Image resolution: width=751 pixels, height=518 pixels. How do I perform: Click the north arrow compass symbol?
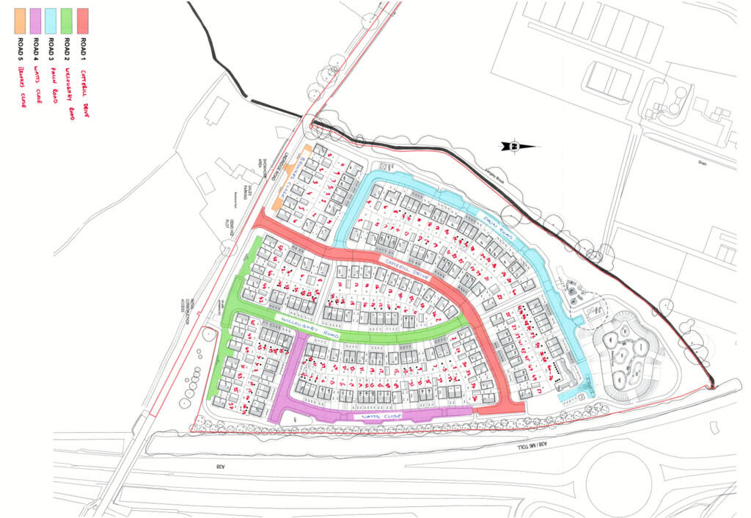(x=516, y=147)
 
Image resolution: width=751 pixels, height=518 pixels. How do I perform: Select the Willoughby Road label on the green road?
(x=308, y=327)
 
